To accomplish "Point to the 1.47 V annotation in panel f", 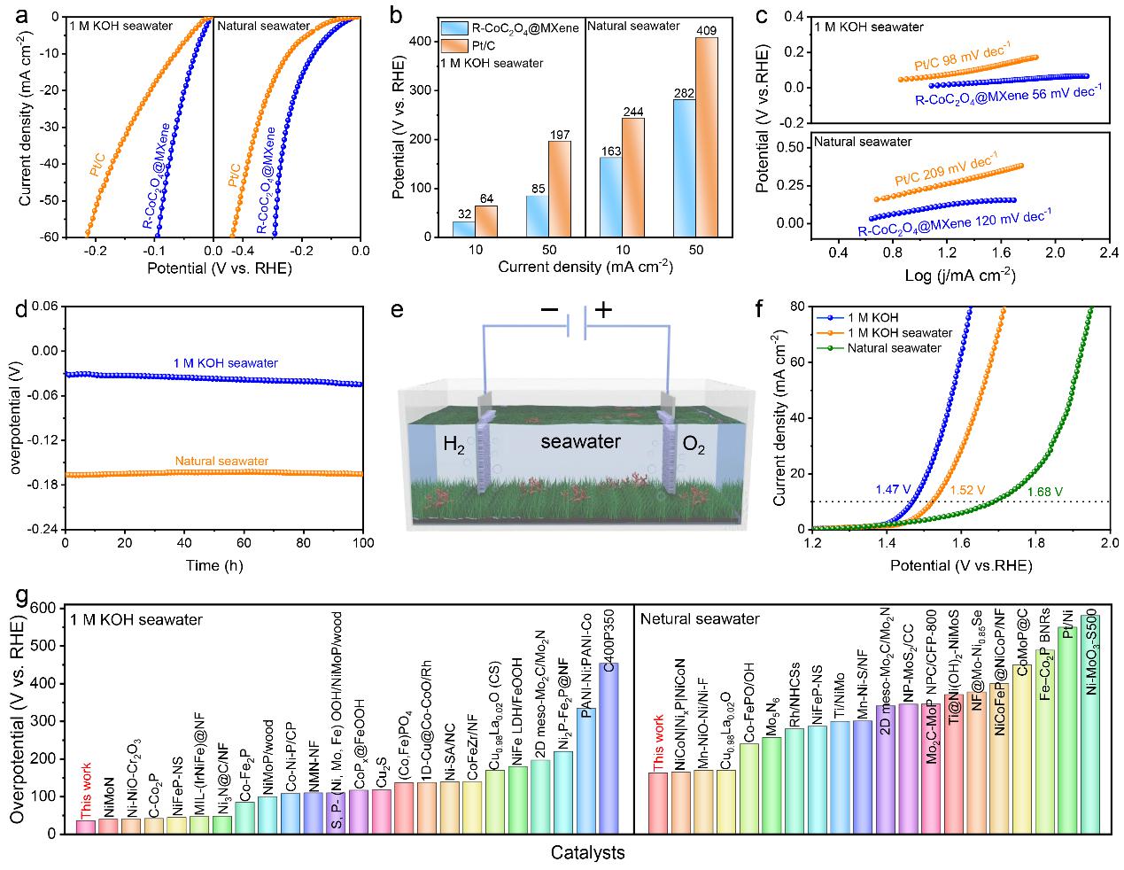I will point(892,489).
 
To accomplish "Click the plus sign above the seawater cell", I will point(604,310).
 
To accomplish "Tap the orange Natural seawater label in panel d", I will point(221,461).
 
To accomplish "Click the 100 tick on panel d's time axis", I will point(362,542).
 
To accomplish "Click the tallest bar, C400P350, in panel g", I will point(609,748).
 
